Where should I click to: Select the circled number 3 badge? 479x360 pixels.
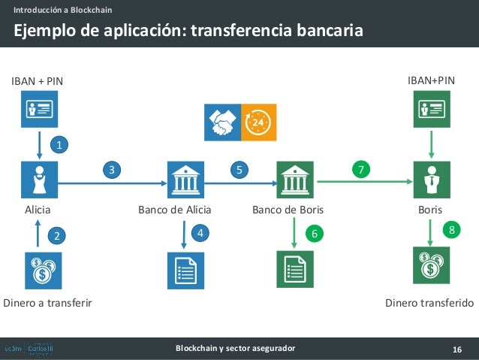click(x=112, y=171)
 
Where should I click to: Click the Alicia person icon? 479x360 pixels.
click(x=38, y=180)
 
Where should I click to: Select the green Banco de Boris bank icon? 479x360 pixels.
click(x=294, y=180)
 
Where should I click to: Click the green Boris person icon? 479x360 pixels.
click(x=431, y=180)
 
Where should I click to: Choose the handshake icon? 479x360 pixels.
click(x=222, y=123)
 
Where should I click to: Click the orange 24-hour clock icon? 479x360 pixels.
click(x=258, y=123)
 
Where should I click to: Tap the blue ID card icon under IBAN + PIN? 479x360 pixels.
click(x=38, y=110)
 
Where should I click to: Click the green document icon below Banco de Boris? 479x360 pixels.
click(x=294, y=270)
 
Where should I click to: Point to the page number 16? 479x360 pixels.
click(x=456, y=348)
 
